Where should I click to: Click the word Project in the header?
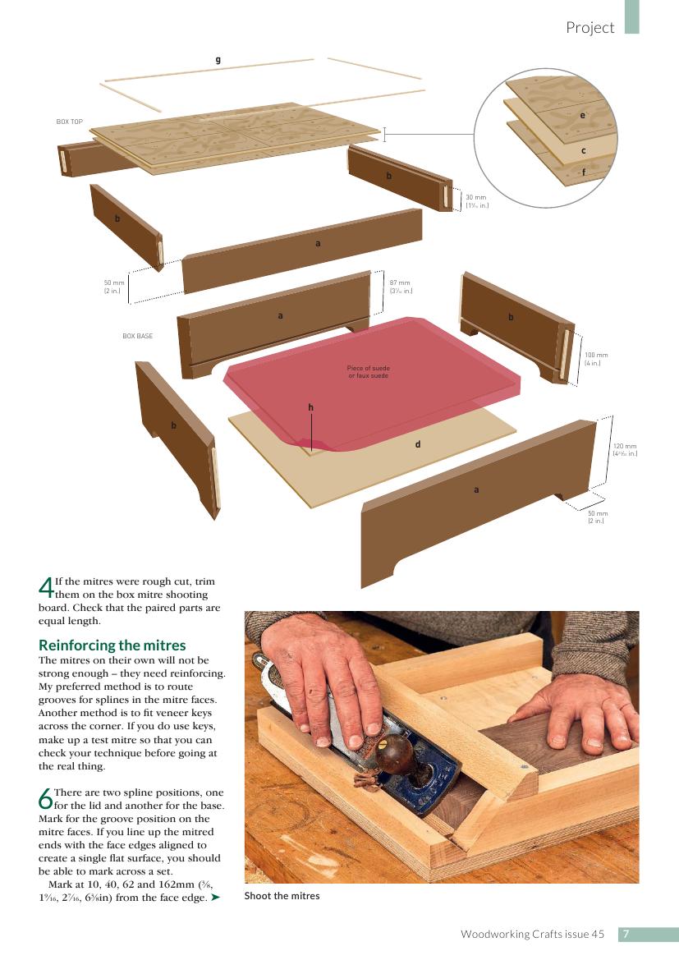click(x=590, y=28)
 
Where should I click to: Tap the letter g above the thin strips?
click(x=218, y=60)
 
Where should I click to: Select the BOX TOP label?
click(x=69, y=122)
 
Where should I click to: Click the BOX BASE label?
click(x=138, y=336)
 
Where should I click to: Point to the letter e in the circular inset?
click(x=582, y=115)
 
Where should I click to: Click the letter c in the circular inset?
click(x=584, y=150)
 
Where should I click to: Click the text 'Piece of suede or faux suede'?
click(x=368, y=372)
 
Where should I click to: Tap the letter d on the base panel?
click(x=418, y=444)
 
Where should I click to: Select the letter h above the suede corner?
click(x=311, y=407)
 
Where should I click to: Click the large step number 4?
click(x=45, y=588)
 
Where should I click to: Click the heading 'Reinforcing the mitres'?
click(x=112, y=645)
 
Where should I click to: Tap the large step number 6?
click(x=45, y=799)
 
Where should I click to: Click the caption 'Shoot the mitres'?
click(x=282, y=896)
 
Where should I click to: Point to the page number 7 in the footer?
click(x=626, y=935)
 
